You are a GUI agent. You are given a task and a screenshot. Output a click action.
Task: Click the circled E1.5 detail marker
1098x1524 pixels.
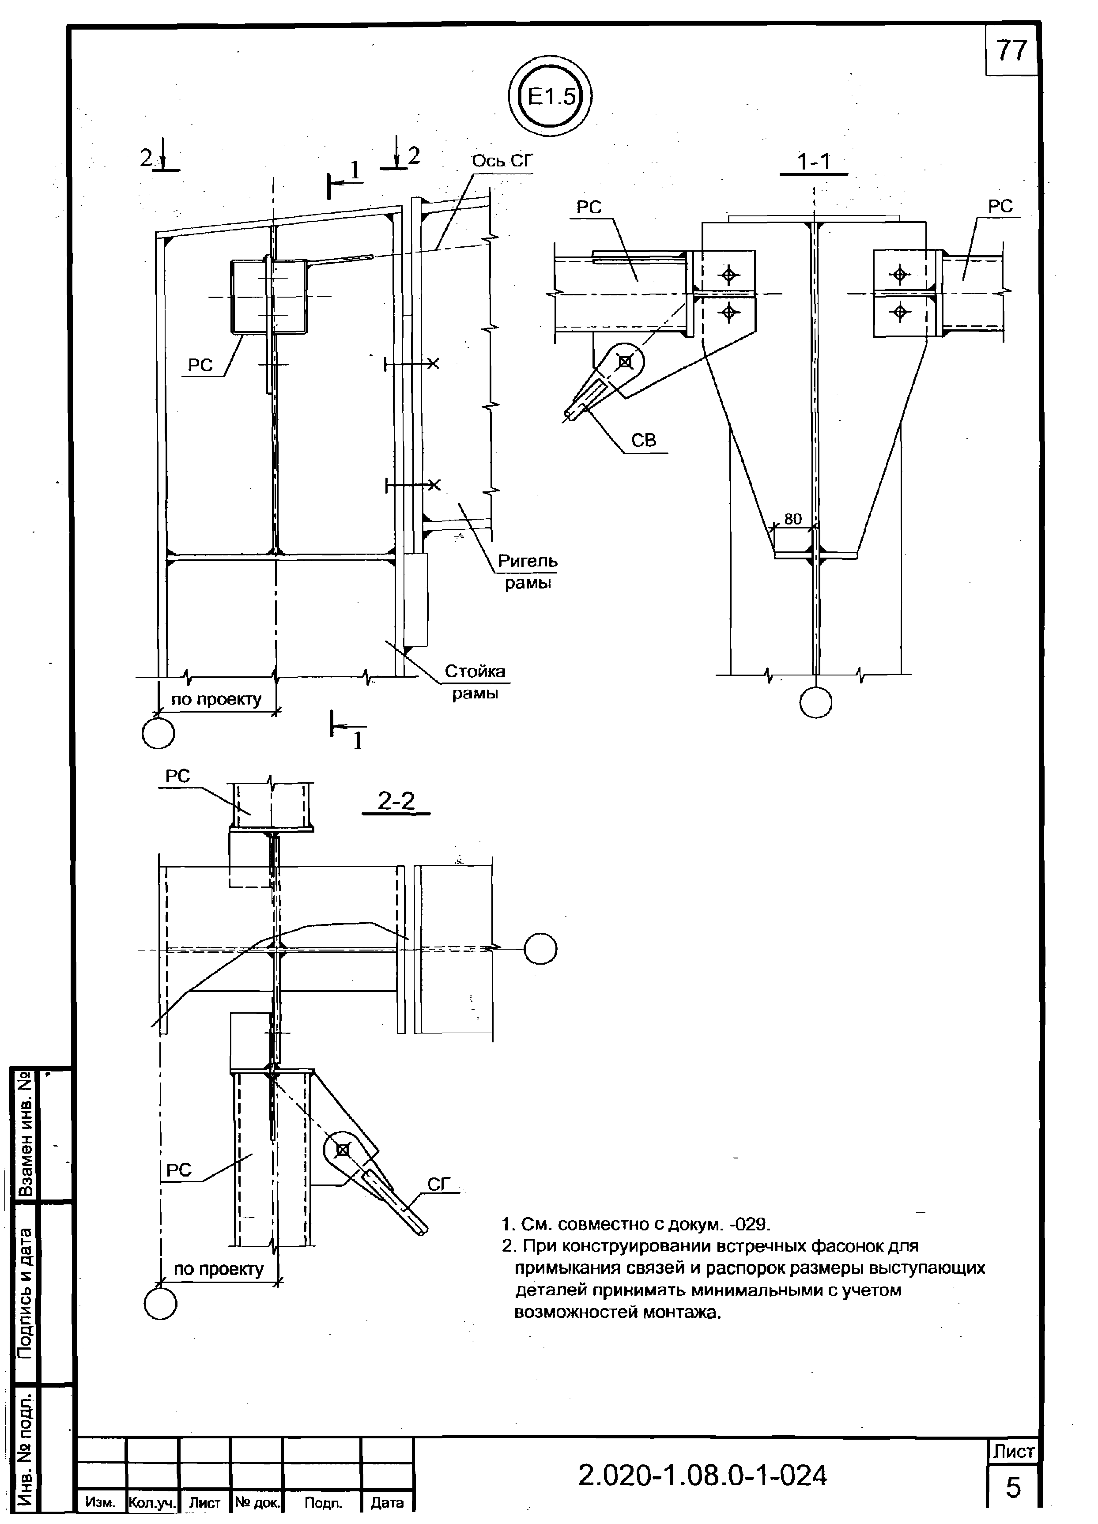pyautogui.click(x=551, y=98)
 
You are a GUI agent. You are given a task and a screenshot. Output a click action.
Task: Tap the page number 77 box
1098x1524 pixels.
pyautogui.click(x=1011, y=50)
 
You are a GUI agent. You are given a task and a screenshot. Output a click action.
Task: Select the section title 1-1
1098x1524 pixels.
pyautogui.click(x=814, y=162)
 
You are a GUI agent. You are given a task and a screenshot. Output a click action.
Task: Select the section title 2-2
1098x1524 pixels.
pyautogui.click(x=396, y=801)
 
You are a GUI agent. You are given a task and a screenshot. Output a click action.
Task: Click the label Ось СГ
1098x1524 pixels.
pyautogui.click(x=502, y=161)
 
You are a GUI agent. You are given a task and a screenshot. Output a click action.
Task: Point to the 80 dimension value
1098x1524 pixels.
pyautogui.click(x=793, y=519)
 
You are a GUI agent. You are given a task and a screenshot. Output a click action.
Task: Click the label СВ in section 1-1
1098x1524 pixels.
pyautogui.click(x=643, y=440)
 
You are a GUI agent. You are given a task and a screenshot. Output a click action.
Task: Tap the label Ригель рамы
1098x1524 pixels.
pyautogui.click(x=528, y=571)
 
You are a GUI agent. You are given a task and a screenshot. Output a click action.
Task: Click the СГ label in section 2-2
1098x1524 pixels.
pyautogui.click(x=439, y=1184)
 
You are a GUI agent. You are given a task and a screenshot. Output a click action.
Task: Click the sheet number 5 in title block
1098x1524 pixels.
pyautogui.click(x=1013, y=1488)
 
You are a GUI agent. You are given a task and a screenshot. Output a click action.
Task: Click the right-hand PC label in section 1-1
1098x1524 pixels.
pyautogui.click(x=1000, y=207)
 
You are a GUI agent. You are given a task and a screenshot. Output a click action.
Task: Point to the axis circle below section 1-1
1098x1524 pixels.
pyautogui.click(x=816, y=703)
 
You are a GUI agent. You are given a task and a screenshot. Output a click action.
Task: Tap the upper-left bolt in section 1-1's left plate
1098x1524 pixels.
pyautogui.click(x=728, y=275)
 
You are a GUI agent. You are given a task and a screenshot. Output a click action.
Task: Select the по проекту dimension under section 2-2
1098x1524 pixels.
pyautogui.click(x=219, y=1269)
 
